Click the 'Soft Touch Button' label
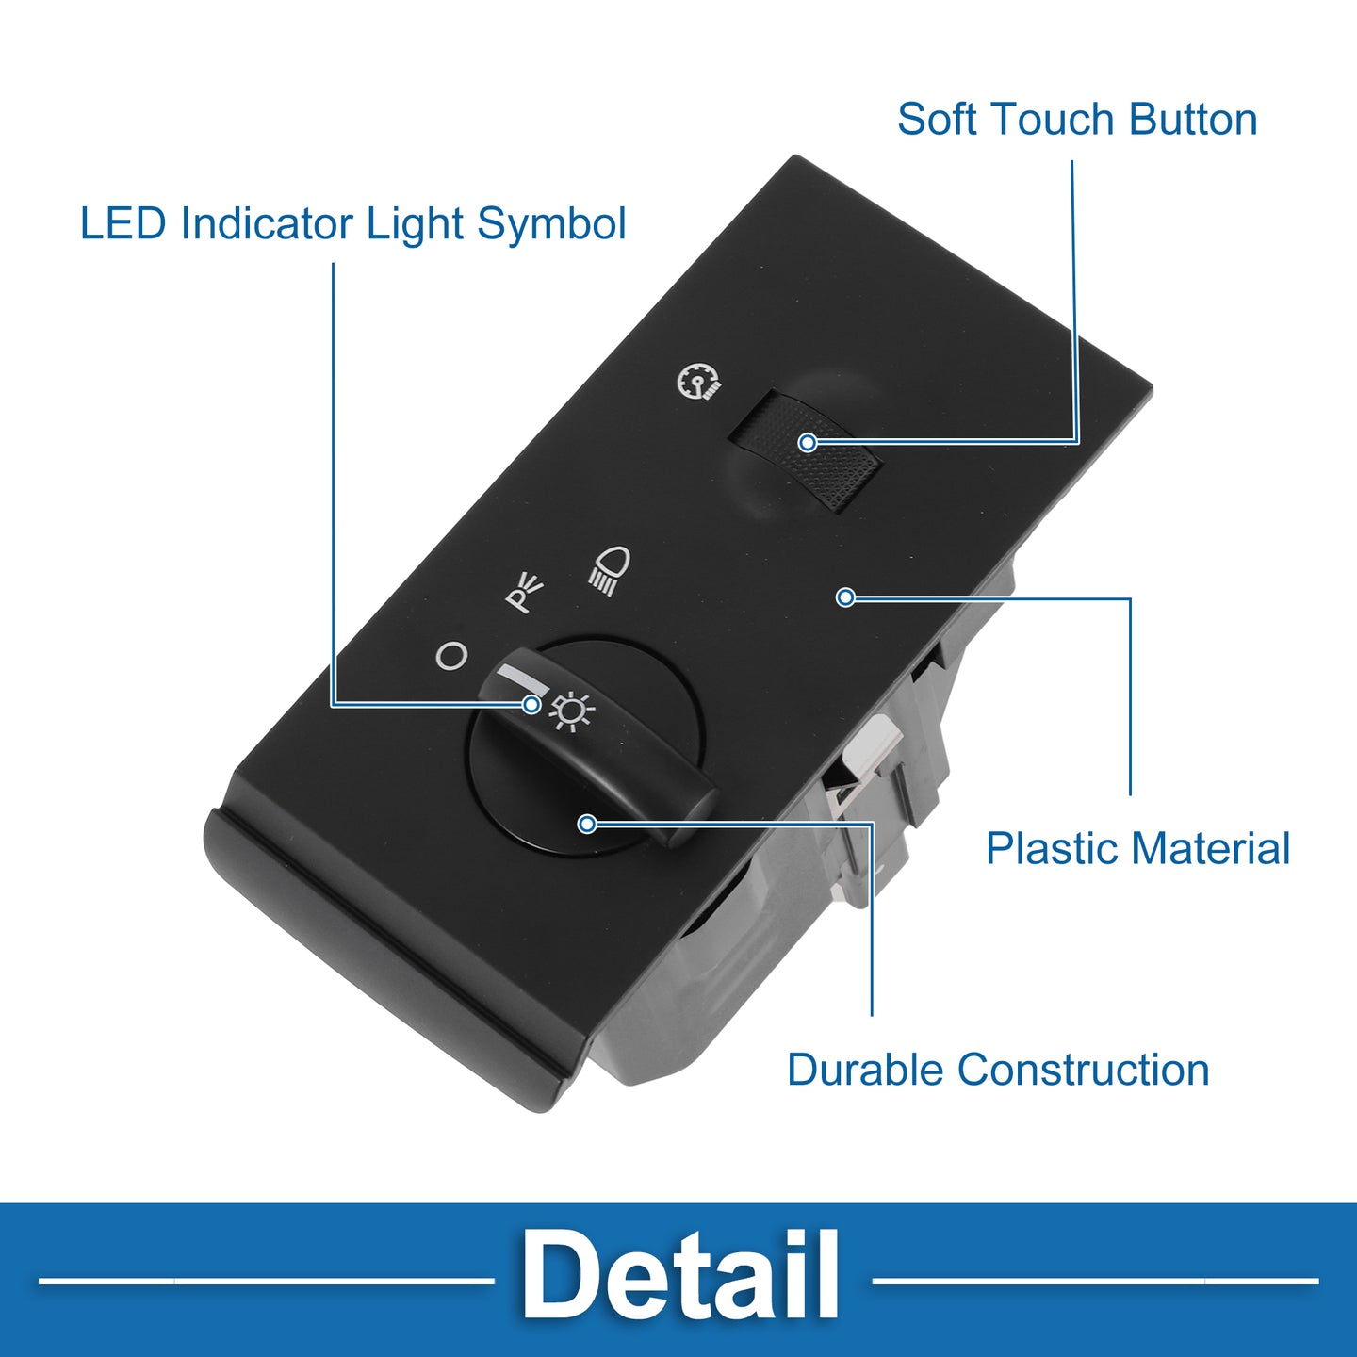click(x=1077, y=119)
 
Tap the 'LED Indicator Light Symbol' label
click(x=352, y=224)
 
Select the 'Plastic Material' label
click(x=1137, y=847)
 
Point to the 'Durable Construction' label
click(x=998, y=1070)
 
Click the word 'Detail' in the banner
click(x=679, y=1276)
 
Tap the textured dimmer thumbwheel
click(x=806, y=450)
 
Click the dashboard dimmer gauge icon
click(x=697, y=383)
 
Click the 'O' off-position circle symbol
click(x=451, y=656)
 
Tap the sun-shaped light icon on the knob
click(x=571, y=711)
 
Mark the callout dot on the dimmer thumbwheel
click(x=808, y=442)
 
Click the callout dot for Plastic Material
click(x=845, y=597)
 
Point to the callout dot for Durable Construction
click(x=586, y=824)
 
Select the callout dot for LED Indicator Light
click(x=532, y=704)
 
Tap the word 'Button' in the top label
click(x=1193, y=119)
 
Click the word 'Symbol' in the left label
click(x=551, y=224)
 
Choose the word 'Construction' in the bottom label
click(x=1083, y=1070)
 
